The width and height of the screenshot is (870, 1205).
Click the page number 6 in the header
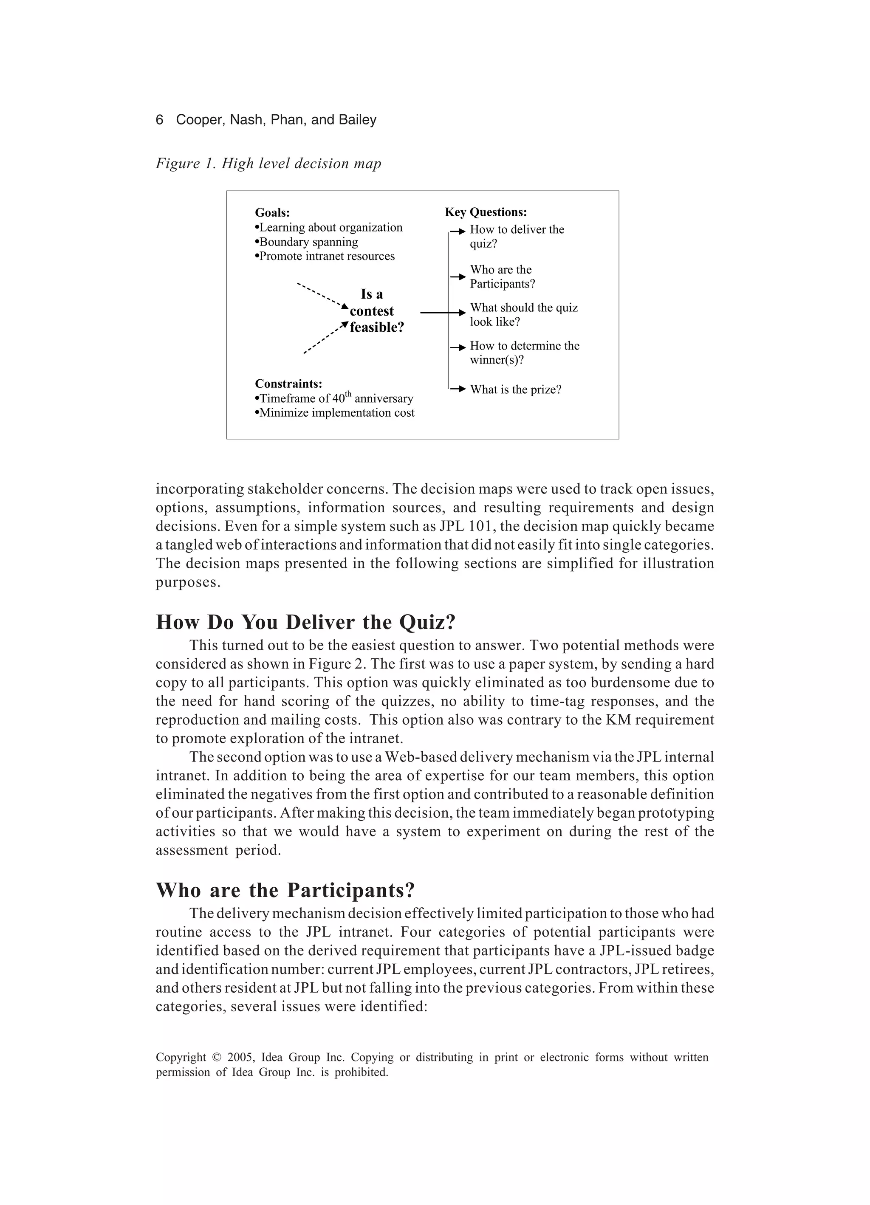click(x=159, y=120)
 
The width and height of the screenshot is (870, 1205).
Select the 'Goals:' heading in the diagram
click(x=272, y=213)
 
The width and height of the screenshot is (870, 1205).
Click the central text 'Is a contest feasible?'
click(x=375, y=311)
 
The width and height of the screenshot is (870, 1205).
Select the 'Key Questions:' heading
click(x=485, y=212)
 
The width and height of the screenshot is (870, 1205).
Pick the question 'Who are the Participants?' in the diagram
click(x=502, y=277)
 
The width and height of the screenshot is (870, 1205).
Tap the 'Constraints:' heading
click(x=288, y=384)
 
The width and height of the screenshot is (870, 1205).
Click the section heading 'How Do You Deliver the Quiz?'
click(x=305, y=622)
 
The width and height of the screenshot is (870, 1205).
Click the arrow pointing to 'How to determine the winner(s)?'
click(x=458, y=347)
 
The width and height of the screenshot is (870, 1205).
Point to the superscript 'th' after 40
click(x=348, y=394)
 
